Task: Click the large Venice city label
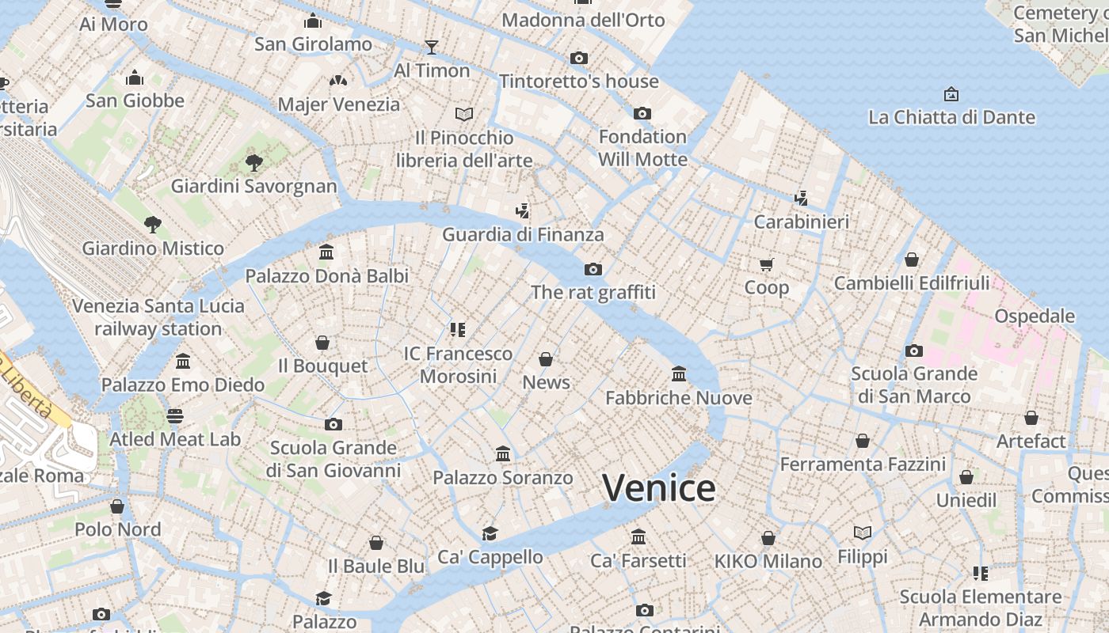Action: [658, 488]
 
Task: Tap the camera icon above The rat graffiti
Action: [593, 270]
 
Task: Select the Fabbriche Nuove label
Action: [678, 397]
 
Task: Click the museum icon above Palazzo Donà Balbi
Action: [326, 252]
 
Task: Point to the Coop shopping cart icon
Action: [766, 264]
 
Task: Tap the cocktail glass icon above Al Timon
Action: [431, 47]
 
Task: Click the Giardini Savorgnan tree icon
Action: [254, 163]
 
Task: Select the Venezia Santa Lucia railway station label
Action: [158, 317]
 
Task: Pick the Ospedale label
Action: [1035, 316]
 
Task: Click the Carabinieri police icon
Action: [801, 198]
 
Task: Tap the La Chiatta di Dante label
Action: [951, 117]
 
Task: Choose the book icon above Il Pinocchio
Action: [464, 114]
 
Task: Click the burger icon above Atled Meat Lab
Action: [175, 415]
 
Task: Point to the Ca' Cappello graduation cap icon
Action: [490, 533]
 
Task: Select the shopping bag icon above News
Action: [546, 359]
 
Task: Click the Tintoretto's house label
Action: [578, 81]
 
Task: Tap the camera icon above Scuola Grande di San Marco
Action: [913, 351]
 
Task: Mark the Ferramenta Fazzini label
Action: [863, 464]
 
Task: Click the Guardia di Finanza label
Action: [523, 234]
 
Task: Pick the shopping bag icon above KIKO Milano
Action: [768, 538]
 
